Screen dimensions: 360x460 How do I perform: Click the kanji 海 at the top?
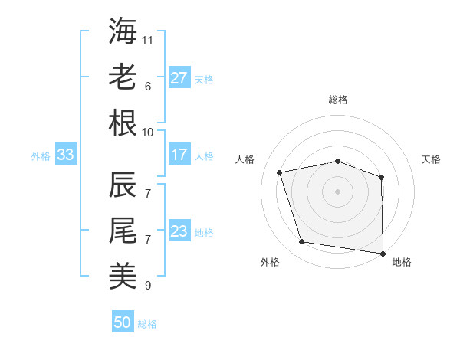pos(123,31)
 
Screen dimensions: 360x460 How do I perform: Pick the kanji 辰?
pos(123,185)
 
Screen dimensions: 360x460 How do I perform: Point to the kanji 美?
pos(123,276)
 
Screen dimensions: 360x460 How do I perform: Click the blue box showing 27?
pos(179,77)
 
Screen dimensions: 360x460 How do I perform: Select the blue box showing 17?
pos(179,155)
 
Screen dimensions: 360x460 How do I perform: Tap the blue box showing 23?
pos(179,231)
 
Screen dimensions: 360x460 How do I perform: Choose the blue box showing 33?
pos(65,155)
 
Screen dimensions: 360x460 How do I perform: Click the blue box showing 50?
pos(123,322)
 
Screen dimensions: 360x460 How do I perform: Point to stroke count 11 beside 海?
pos(148,39)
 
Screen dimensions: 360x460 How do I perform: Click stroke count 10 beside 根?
pos(148,132)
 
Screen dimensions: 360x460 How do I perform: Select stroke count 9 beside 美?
pos(148,286)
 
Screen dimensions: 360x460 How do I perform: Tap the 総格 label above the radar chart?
pos(338,100)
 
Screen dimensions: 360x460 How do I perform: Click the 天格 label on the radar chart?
pos(431,159)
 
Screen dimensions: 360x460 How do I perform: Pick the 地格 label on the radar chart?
pos(402,262)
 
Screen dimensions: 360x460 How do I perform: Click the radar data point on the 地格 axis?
pos(383,253)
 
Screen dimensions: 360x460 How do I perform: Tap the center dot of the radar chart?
pos(337,191)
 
